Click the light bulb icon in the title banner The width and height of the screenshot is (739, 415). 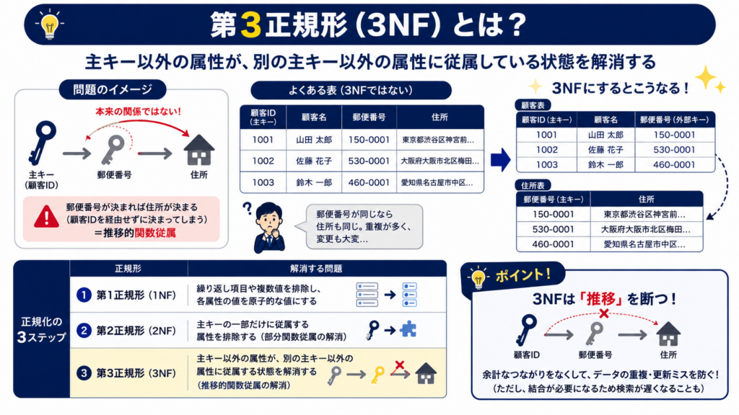[50, 24]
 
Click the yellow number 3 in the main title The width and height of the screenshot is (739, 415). [250, 24]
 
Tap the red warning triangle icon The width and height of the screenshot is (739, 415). [46, 217]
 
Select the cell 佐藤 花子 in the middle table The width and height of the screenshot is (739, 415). [314, 161]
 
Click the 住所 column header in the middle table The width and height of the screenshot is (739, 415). [440, 117]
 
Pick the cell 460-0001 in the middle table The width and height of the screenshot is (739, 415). [369, 182]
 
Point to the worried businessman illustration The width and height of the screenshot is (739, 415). [268, 228]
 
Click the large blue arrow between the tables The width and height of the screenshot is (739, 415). [500, 159]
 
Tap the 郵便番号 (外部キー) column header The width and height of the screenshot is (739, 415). [675, 120]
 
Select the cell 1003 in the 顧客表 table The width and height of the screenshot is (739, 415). [547, 165]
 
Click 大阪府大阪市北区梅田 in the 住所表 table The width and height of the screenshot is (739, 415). [645, 229]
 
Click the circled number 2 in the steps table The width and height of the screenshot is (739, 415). [84, 330]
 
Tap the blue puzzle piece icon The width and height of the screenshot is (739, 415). [408, 329]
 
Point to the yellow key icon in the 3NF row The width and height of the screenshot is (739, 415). [377, 375]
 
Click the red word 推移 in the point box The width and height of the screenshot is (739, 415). [601, 298]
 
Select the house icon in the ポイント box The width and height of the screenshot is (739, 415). [668, 334]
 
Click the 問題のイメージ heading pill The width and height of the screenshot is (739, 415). [113, 89]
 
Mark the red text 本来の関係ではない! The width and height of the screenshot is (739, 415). [138, 112]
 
